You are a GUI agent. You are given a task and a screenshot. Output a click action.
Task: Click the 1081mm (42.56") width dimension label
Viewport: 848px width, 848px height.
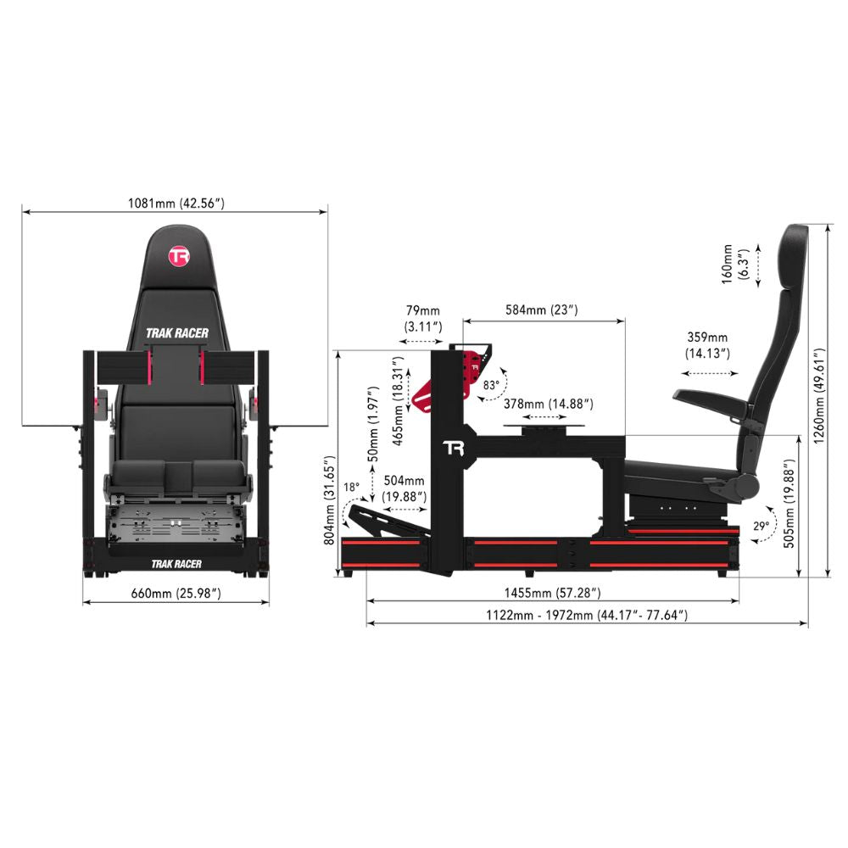click(x=176, y=203)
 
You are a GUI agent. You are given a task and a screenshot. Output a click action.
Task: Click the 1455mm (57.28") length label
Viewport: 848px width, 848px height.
click(x=552, y=592)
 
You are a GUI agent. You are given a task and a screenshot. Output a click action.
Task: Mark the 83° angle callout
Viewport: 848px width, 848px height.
click(x=491, y=384)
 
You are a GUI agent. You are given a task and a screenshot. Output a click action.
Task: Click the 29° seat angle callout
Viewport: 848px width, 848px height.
click(x=761, y=526)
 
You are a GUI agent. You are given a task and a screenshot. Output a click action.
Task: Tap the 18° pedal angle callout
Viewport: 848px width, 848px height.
click(x=352, y=488)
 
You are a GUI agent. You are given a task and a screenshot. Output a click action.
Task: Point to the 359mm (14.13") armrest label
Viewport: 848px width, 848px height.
click(x=707, y=345)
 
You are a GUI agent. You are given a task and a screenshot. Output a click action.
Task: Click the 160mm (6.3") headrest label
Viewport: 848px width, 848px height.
click(x=733, y=265)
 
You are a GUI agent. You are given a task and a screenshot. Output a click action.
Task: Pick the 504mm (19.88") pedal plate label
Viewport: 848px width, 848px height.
click(x=404, y=489)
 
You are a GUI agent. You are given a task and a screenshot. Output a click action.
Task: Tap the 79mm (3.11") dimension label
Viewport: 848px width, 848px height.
click(x=421, y=320)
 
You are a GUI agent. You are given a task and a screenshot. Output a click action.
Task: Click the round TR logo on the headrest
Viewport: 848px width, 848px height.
click(x=177, y=256)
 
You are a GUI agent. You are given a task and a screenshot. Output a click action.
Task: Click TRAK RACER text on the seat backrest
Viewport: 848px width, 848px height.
click(x=176, y=333)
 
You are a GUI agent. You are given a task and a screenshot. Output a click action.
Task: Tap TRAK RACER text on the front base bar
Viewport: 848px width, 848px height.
click(x=176, y=563)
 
